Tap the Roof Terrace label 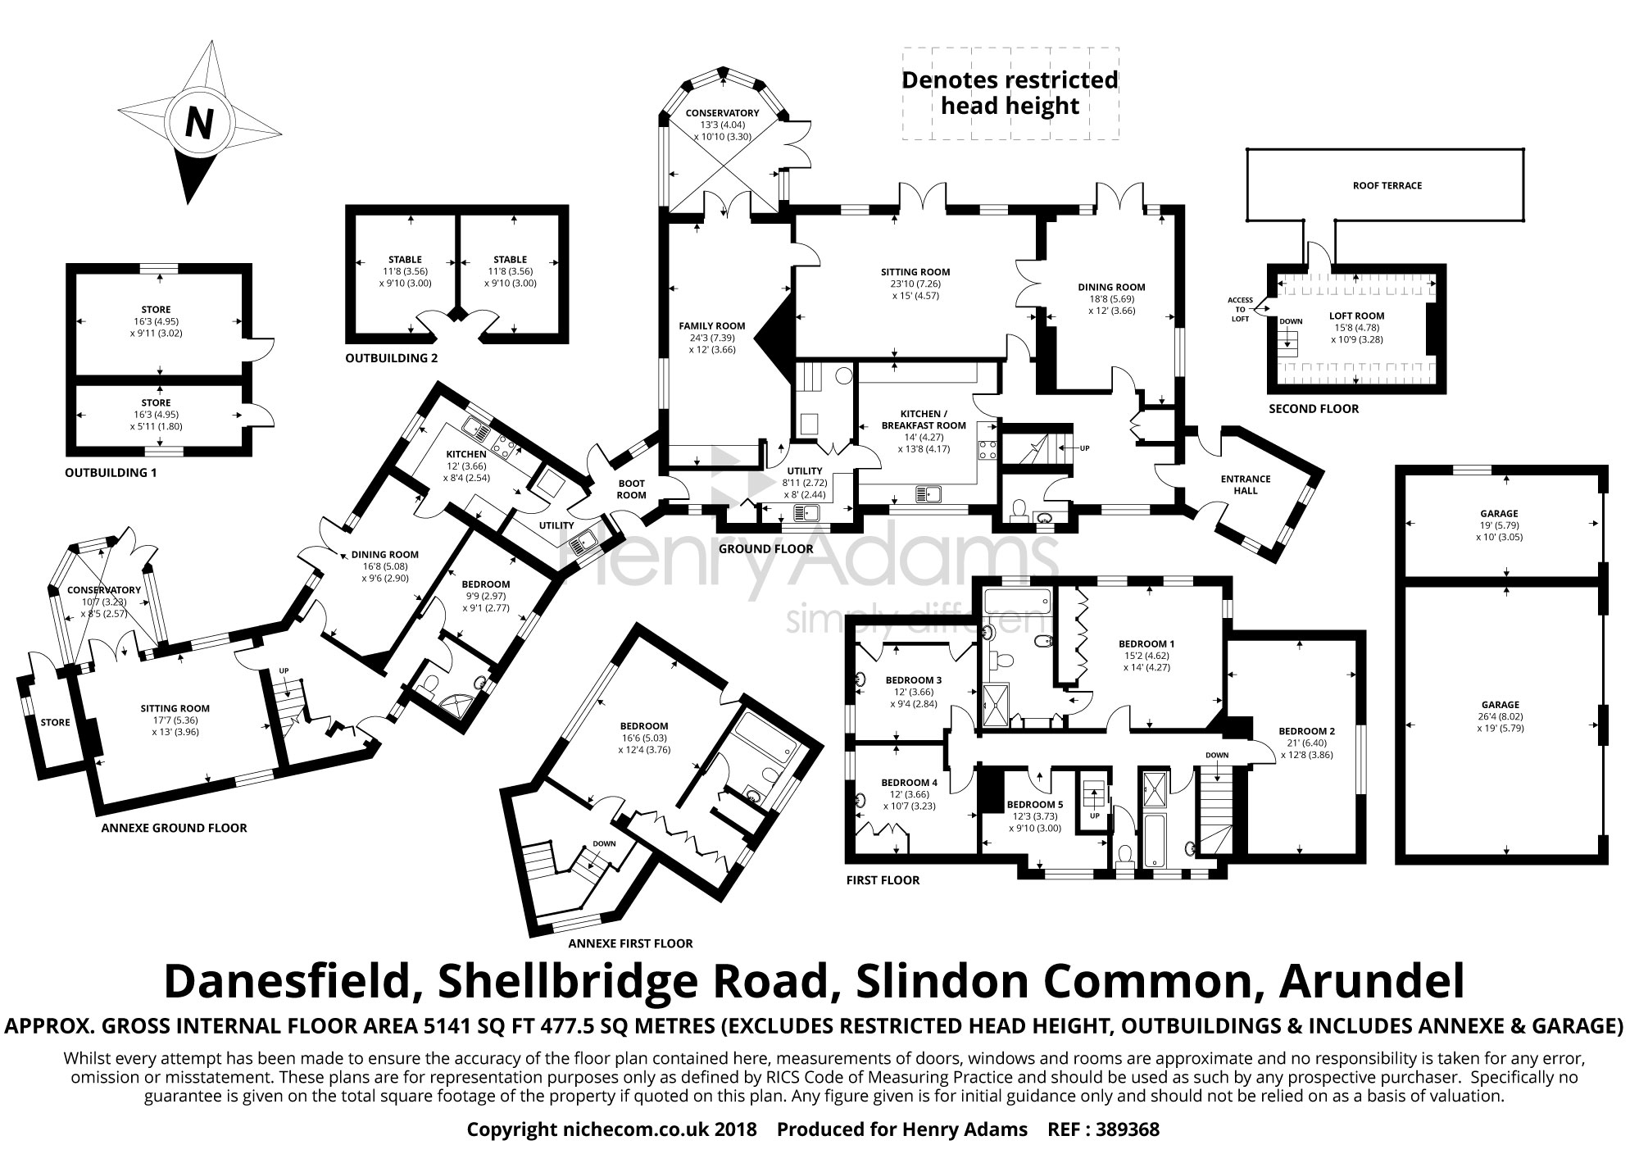1387,185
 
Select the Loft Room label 1356,316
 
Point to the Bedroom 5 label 1034,804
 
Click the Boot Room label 631,489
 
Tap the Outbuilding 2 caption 391,358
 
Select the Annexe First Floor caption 630,943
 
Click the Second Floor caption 1314,408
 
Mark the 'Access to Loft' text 1240,309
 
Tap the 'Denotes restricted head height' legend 1010,93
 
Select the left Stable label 406,259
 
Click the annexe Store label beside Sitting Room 55,722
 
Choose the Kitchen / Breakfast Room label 924,420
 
